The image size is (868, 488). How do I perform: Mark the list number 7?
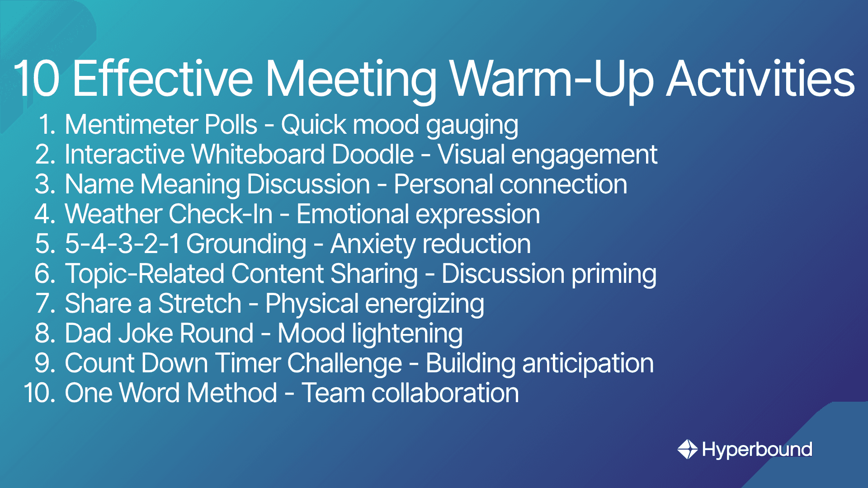tap(46, 303)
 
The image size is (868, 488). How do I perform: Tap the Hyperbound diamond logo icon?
tap(688, 449)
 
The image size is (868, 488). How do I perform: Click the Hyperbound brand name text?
tap(757, 450)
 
